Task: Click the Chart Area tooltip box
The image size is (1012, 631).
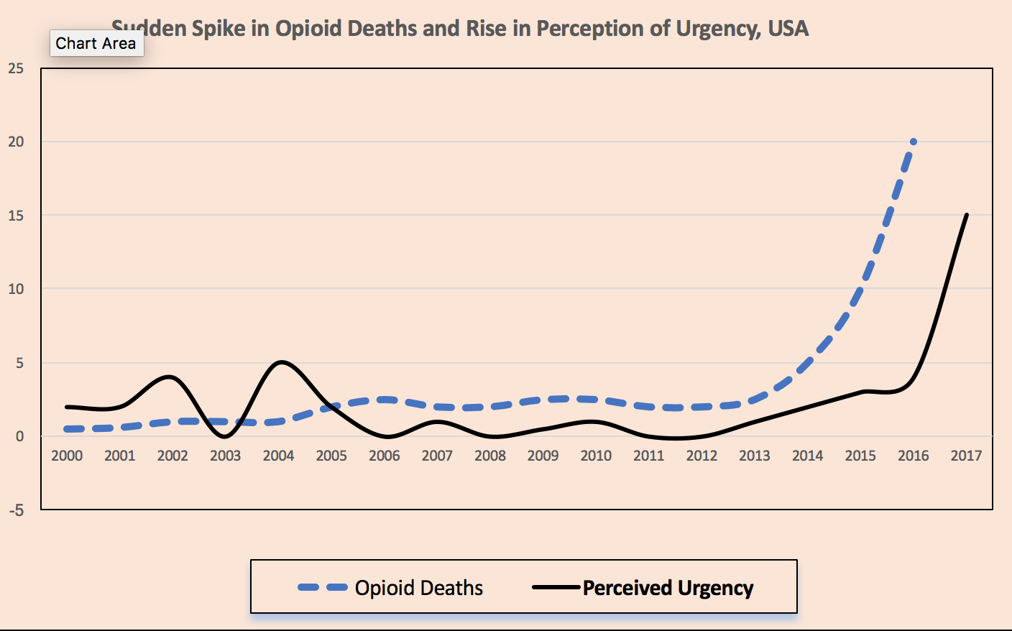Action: pyautogui.click(x=96, y=44)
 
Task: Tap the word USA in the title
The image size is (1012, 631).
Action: pyautogui.click(x=788, y=29)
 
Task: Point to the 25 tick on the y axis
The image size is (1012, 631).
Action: pyautogui.click(x=16, y=68)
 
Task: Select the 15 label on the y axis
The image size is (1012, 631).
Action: pyautogui.click(x=16, y=216)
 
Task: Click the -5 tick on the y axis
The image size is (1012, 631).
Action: pyautogui.click(x=16, y=510)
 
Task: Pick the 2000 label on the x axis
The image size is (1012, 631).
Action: pyautogui.click(x=67, y=456)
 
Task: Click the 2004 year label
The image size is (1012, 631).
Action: pyautogui.click(x=278, y=456)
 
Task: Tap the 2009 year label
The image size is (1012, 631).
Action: pyautogui.click(x=543, y=456)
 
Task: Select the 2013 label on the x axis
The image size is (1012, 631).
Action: pyautogui.click(x=754, y=456)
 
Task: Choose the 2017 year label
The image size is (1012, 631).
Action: pyautogui.click(x=966, y=456)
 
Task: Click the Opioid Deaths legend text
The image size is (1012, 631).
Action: pyautogui.click(x=419, y=588)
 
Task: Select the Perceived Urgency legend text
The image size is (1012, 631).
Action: pyautogui.click(x=668, y=588)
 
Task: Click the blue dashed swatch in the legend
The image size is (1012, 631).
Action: pyautogui.click(x=323, y=588)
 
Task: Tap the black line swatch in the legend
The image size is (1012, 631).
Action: pyautogui.click(x=556, y=588)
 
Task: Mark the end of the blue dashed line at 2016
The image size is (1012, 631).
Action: pyautogui.click(x=913, y=142)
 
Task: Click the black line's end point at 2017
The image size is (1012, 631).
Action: pyautogui.click(x=967, y=215)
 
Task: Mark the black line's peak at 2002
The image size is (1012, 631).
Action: pyautogui.click(x=170, y=377)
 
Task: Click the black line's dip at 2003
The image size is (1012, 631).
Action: pyautogui.click(x=225, y=436)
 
